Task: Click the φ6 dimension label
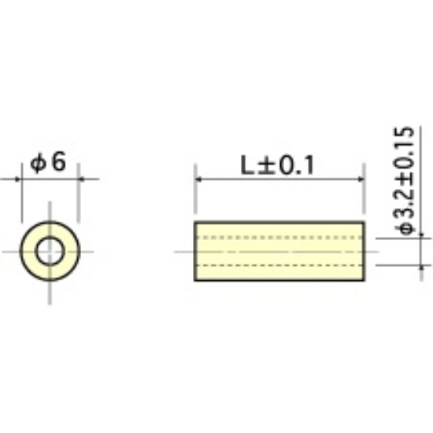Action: pyautogui.click(x=48, y=162)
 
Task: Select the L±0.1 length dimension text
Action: pyautogui.click(x=277, y=165)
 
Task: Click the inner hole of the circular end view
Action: pyautogui.click(x=50, y=251)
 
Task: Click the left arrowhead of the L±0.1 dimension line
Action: pyautogui.click(x=198, y=179)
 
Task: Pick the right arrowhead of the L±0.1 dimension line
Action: pyautogui.click(x=361, y=179)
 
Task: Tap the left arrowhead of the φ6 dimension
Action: pyautogui.click(x=18, y=179)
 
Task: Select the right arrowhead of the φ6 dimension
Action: pyautogui.click(x=82, y=179)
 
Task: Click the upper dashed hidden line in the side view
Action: pyautogui.click(x=279, y=238)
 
